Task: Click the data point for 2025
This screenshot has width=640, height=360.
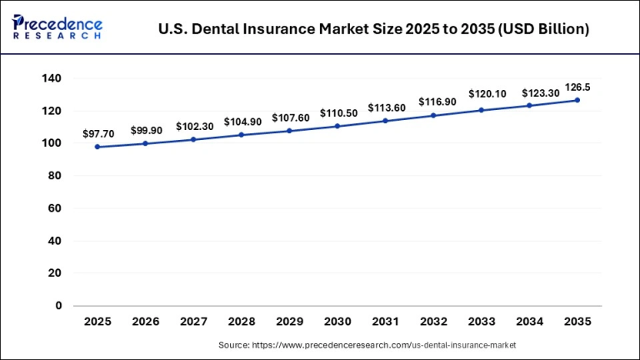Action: point(97,147)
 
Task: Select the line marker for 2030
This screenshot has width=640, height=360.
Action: point(337,126)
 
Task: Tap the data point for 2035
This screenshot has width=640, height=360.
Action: point(577,100)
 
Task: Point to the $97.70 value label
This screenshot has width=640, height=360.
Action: point(98,133)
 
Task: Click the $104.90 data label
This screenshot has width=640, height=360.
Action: point(242,122)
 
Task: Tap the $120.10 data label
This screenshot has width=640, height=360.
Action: point(482,94)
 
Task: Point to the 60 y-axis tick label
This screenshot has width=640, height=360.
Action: point(56,208)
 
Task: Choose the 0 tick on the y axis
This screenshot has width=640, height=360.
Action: point(58,306)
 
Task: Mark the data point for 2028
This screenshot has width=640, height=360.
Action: point(242,135)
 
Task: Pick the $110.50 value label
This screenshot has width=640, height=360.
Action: point(338,112)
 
